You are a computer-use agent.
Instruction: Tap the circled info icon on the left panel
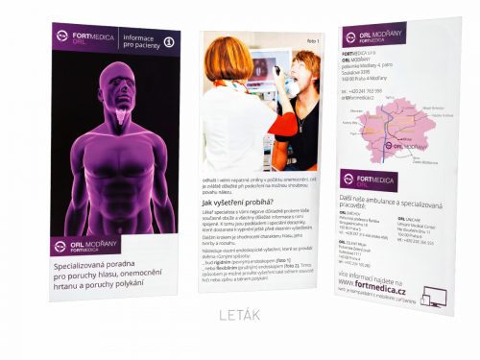[x=169, y=41]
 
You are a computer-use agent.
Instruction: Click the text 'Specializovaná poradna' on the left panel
[x=95, y=264]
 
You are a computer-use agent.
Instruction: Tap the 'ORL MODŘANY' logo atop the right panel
[x=373, y=36]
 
